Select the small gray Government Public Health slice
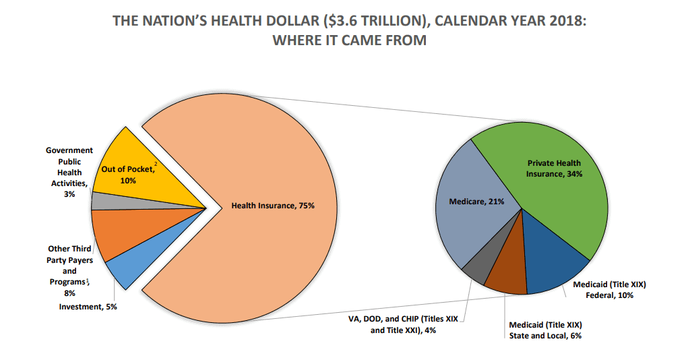pyautogui.click(x=101, y=200)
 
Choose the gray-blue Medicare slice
pyautogui.click(x=472, y=216)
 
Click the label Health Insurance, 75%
pyautogui.click(x=273, y=206)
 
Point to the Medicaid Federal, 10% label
pyautogui.click(x=604, y=290)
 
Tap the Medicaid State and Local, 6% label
pyautogui.click(x=545, y=329)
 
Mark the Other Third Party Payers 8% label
pyautogui.click(x=70, y=270)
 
